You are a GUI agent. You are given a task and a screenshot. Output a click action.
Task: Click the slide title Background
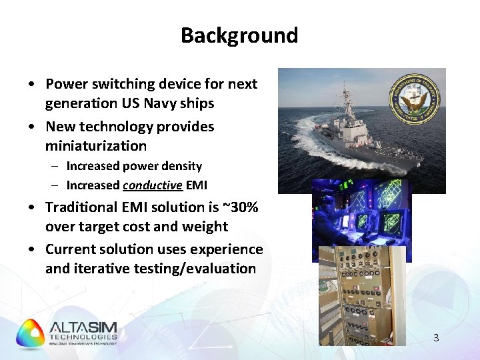[x=239, y=35]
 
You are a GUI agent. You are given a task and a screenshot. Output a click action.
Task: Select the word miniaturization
[x=96, y=146]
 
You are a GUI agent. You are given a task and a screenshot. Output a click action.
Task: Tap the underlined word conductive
[x=152, y=186]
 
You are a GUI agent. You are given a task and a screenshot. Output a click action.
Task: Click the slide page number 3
[x=436, y=338]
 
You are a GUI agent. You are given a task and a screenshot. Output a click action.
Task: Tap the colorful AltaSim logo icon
[x=31, y=333]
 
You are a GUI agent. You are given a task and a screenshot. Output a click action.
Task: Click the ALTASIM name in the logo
[x=83, y=327]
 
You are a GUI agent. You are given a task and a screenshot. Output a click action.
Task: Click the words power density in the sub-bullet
[x=171, y=166]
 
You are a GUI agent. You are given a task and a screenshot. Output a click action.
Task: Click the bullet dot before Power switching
[x=32, y=85]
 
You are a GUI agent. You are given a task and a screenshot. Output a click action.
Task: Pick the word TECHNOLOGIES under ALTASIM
[x=83, y=337]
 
